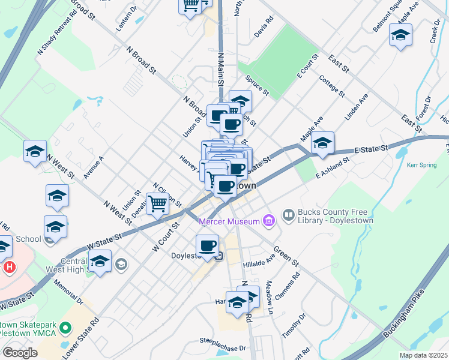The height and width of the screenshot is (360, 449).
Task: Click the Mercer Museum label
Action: pyautogui.click(x=228, y=221)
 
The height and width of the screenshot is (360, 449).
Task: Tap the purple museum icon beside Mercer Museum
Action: pyautogui.click(x=268, y=221)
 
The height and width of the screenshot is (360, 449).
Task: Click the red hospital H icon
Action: pyautogui.click(x=8, y=266)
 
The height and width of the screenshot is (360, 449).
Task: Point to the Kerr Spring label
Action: pyautogui.click(x=422, y=164)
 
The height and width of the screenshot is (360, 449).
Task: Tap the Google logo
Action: pyautogui.click(x=20, y=353)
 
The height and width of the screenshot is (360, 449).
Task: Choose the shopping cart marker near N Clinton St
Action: pyautogui.click(x=157, y=203)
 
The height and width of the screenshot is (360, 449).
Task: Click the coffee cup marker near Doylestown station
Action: pyautogui.click(x=207, y=245)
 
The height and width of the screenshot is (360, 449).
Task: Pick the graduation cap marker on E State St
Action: pyautogui.click(x=322, y=142)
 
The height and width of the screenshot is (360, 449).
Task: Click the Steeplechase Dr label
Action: pyautogui.click(x=223, y=347)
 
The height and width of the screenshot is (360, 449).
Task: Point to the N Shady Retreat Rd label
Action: pyautogui.click(x=58, y=32)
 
